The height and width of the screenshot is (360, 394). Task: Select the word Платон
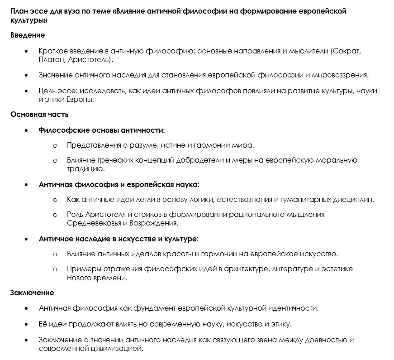[x=50, y=59]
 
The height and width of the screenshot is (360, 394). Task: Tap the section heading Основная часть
[x=40, y=114]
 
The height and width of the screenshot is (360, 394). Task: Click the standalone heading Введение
[x=28, y=35]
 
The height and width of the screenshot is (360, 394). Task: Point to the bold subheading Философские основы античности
[x=102, y=130]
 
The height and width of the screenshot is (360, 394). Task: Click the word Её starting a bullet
[x=43, y=324]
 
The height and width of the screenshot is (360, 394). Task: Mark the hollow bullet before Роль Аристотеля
[x=55, y=215]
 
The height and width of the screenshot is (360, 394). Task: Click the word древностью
[x=330, y=340]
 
